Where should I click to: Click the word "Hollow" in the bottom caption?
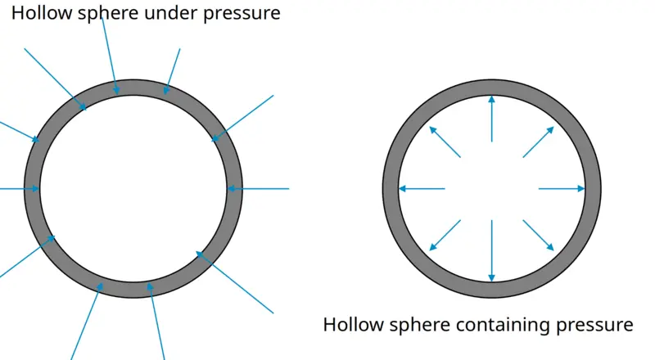[353, 325]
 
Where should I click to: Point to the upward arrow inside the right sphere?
[492, 119]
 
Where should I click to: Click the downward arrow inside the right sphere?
[492, 250]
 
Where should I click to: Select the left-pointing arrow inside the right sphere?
[422, 189]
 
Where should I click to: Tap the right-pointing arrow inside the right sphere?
[562, 189]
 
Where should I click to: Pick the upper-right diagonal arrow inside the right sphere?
[539, 142]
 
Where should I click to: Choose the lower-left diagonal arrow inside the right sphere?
[445, 235]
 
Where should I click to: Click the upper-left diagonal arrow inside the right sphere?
[445, 142]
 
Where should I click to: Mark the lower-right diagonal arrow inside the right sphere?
[539, 235]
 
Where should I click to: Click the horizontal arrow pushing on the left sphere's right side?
[258, 189]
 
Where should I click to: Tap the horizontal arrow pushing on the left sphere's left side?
[19, 189]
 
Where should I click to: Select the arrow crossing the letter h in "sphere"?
[110, 56]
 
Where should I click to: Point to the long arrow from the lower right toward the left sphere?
[234, 282]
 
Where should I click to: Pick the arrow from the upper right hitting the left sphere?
[242, 119]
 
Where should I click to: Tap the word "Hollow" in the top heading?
[42, 13]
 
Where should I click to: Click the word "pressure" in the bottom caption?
[594, 326]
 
